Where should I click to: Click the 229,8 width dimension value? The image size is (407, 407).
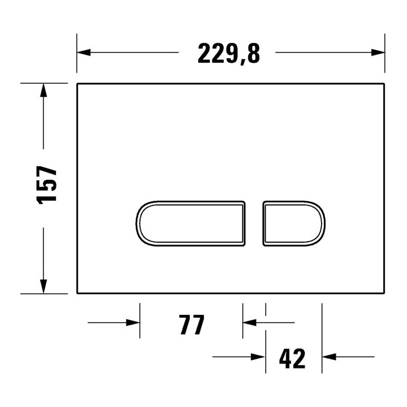point(228,54)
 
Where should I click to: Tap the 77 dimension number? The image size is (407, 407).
point(191,325)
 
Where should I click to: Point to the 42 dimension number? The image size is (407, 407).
point(292,358)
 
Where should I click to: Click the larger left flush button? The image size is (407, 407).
point(190,223)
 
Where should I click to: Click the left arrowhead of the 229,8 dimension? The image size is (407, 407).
point(84,53)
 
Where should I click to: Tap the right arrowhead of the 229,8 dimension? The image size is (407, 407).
point(378,53)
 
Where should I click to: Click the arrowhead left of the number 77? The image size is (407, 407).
point(133,323)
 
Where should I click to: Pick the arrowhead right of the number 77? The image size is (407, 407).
point(249,323)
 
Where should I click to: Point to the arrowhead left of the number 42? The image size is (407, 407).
point(259,357)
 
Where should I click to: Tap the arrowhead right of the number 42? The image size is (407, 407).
point(328,357)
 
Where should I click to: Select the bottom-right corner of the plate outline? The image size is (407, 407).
point(385,293)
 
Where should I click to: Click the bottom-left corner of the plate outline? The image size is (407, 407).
point(77,293)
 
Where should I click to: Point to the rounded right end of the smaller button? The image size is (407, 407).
point(323,223)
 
